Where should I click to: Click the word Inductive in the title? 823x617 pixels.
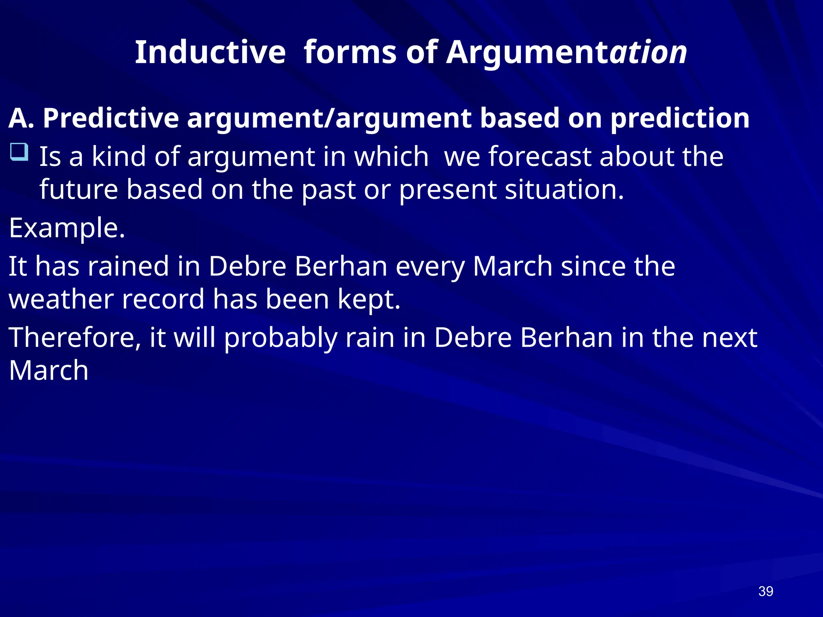pyautogui.click(x=210, y=52)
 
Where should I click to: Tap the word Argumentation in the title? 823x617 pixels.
pyautogui.click(x=567, y=52)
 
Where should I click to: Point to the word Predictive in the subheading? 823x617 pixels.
pyautogui.click(x=111, y=118)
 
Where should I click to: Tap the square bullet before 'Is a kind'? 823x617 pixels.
pyautogui.click(x=19, y=152)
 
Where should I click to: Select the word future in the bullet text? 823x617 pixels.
pyautogui.click(x=79, y=190)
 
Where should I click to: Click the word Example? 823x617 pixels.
pyautogui.click(x=67, y=228)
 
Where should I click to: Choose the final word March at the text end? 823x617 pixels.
pyautogui.click(x=49, y=370)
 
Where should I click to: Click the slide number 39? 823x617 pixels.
pyautogui.click(x=766, y=591)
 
